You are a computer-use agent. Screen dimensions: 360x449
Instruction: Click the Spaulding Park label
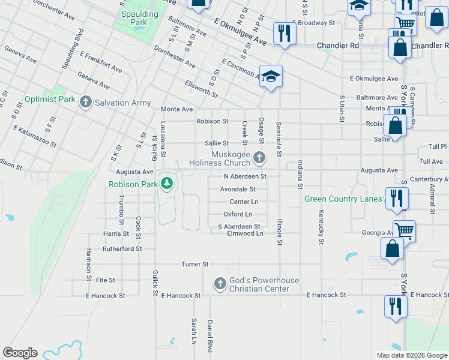(x=139, y=17)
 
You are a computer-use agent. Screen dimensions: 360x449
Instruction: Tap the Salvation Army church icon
(x=86, y=102)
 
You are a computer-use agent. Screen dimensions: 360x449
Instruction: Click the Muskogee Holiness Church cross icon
(x=259, y=157)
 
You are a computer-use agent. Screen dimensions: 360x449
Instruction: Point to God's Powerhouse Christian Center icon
(x=220, y=283)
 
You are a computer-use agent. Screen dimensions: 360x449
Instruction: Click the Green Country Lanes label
(x=343, y=199)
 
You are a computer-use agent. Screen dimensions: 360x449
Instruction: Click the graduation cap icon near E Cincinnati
(x=271, y=76)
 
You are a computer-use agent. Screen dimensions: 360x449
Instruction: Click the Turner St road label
(x=195, y=264)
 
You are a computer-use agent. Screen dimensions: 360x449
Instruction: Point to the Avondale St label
(x=238, y=189)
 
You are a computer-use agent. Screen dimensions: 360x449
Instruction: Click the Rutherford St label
(x=122, y=248)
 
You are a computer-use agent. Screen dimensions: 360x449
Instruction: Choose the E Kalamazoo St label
(x=35, y=137)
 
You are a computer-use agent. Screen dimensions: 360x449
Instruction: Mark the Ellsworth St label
(x=201, y=89)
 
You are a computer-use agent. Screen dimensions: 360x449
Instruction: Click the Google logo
(x=20, y=353)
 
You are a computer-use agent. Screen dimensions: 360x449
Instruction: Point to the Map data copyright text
(x=411, y=355)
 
